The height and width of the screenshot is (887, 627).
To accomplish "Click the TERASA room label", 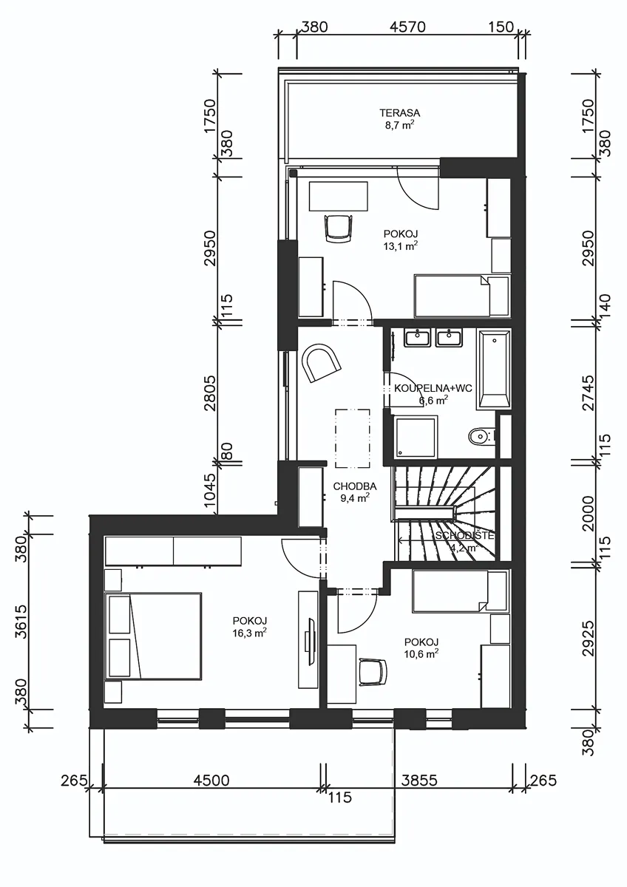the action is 400,113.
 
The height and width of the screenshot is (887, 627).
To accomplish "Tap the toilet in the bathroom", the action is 481,437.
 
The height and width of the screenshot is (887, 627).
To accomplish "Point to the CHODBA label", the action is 355,486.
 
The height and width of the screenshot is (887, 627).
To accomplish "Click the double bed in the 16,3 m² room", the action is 153,636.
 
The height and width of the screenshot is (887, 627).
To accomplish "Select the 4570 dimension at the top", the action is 407,27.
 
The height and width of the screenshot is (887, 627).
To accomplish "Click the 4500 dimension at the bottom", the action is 211,780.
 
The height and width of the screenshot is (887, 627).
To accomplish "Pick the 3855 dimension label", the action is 419,780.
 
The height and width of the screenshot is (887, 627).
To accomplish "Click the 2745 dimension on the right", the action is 589,393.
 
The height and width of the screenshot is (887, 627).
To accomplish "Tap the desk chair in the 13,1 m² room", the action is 338,228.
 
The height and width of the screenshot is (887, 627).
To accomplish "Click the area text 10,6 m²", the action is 421,653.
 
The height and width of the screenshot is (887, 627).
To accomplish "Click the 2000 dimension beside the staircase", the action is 589,514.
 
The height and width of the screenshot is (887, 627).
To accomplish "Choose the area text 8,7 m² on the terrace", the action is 400,126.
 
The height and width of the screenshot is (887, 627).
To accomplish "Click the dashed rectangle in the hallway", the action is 353,438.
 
